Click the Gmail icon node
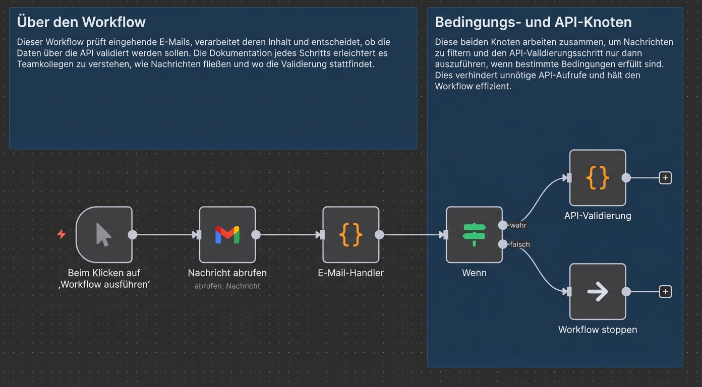point(227,235)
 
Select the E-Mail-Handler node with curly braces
point(351,235)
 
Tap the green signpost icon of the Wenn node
point(474,235)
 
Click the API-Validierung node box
point(598,178)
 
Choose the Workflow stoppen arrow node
point(598,292)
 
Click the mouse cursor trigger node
point(104,235)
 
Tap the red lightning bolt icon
point(62,234)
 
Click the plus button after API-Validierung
point(665,178)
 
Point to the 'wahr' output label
point(518,225)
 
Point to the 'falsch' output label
point(519,244)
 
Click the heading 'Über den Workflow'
point(81,22)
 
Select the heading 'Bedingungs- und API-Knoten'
point(533,22)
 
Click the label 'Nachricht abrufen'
point(227,273)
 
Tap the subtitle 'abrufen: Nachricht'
point(227,286)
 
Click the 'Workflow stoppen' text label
point(598,330)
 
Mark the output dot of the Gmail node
point(256,235)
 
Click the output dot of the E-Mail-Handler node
point(379,235)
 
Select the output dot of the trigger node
point(132,235)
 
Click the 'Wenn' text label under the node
point(474,273)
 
